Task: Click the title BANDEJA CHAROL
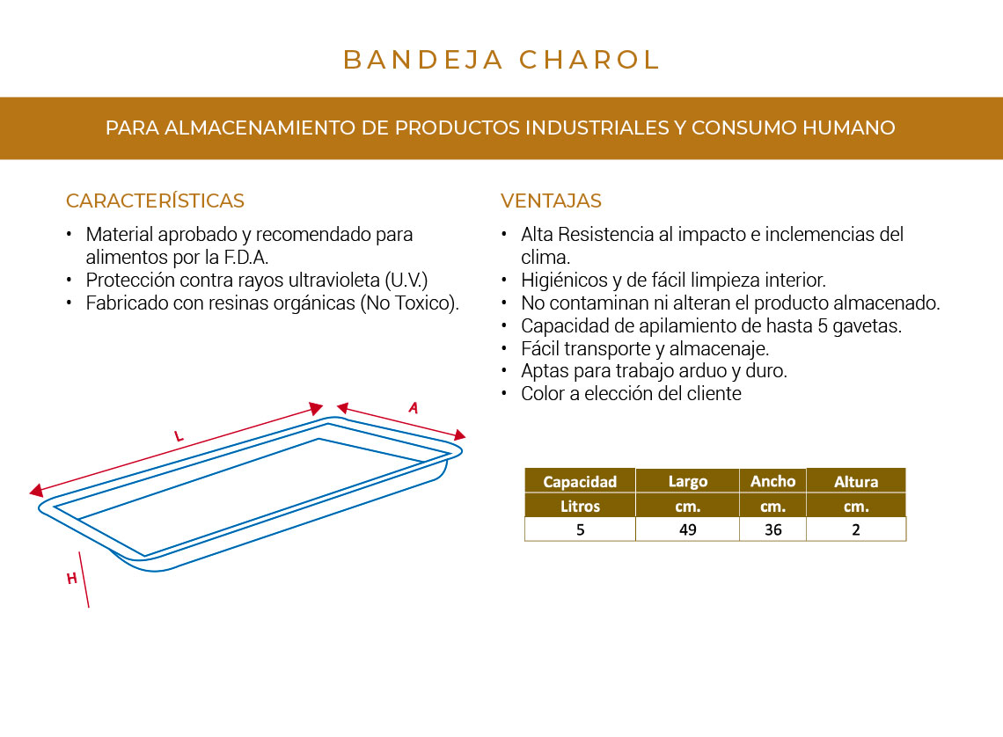(501, 60)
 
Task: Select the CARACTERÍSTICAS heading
(155, 201)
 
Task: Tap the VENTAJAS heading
(551, 201)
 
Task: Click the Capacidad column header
(580, 481)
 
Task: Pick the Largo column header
(687, 481)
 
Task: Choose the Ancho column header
(772, 481)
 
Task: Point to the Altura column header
(856, 481)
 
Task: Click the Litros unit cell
(580, 506)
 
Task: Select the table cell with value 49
(687, 529)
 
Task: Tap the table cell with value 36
(772, 529)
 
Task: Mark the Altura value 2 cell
(856, 529)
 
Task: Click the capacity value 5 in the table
(580, 529)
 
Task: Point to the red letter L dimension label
(179, 435)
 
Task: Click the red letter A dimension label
(413, 407)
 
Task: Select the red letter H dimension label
(72, 578)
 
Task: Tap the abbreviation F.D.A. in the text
(245, 258)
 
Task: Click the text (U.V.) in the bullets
(407, 281)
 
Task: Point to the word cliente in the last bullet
(713, 393)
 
